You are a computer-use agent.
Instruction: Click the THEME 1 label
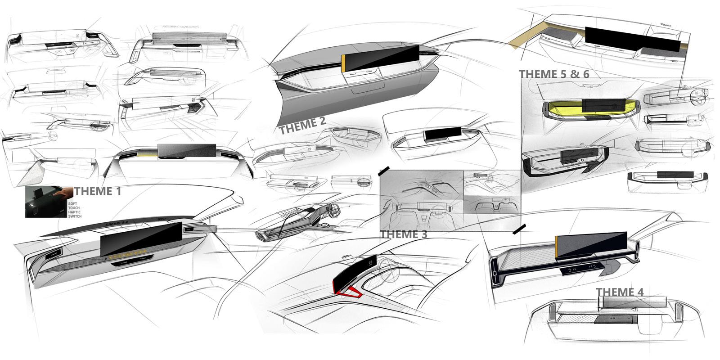98,191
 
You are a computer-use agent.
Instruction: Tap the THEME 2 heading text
302,126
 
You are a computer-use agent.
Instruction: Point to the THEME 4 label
620,292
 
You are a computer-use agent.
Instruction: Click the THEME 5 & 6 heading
553,74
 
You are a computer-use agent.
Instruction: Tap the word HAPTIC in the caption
75,212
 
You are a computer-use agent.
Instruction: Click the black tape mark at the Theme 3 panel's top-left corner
384,171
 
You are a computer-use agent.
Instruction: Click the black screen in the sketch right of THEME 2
440,134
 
